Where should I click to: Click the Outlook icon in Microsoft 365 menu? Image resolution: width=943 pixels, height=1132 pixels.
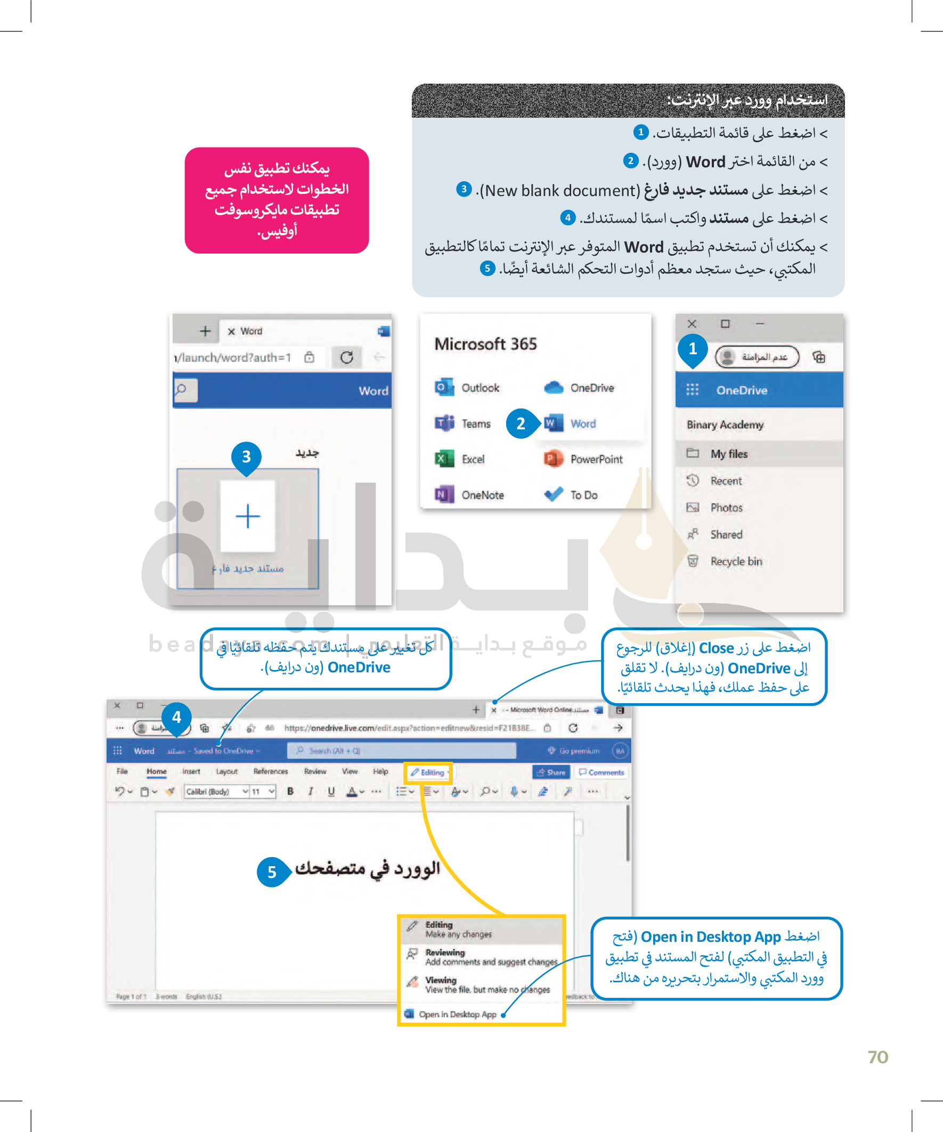coord(444,387)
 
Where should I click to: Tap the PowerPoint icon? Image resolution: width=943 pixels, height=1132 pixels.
coord(553,459)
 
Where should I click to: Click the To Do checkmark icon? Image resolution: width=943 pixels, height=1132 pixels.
coord(553,494)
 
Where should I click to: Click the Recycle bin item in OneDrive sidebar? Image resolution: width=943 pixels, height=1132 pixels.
coord(735,561)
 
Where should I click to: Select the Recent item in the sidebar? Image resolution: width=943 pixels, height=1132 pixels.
coord(725,481)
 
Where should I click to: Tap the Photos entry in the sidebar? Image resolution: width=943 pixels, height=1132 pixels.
coord(726,507)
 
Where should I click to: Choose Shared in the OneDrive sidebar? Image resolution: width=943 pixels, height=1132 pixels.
coord(726,534)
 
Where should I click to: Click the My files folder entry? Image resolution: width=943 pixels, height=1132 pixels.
coord(728,453)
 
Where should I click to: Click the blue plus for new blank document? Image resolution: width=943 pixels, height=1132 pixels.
coord(248,516)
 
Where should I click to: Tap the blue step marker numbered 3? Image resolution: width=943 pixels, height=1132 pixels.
coord(246,457)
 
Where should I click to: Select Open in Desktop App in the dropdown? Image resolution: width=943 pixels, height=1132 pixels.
coord(457,1014)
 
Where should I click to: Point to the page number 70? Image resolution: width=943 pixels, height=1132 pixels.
coord(878,1057)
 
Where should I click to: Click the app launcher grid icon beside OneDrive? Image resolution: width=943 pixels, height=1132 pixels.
coord(692,390)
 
